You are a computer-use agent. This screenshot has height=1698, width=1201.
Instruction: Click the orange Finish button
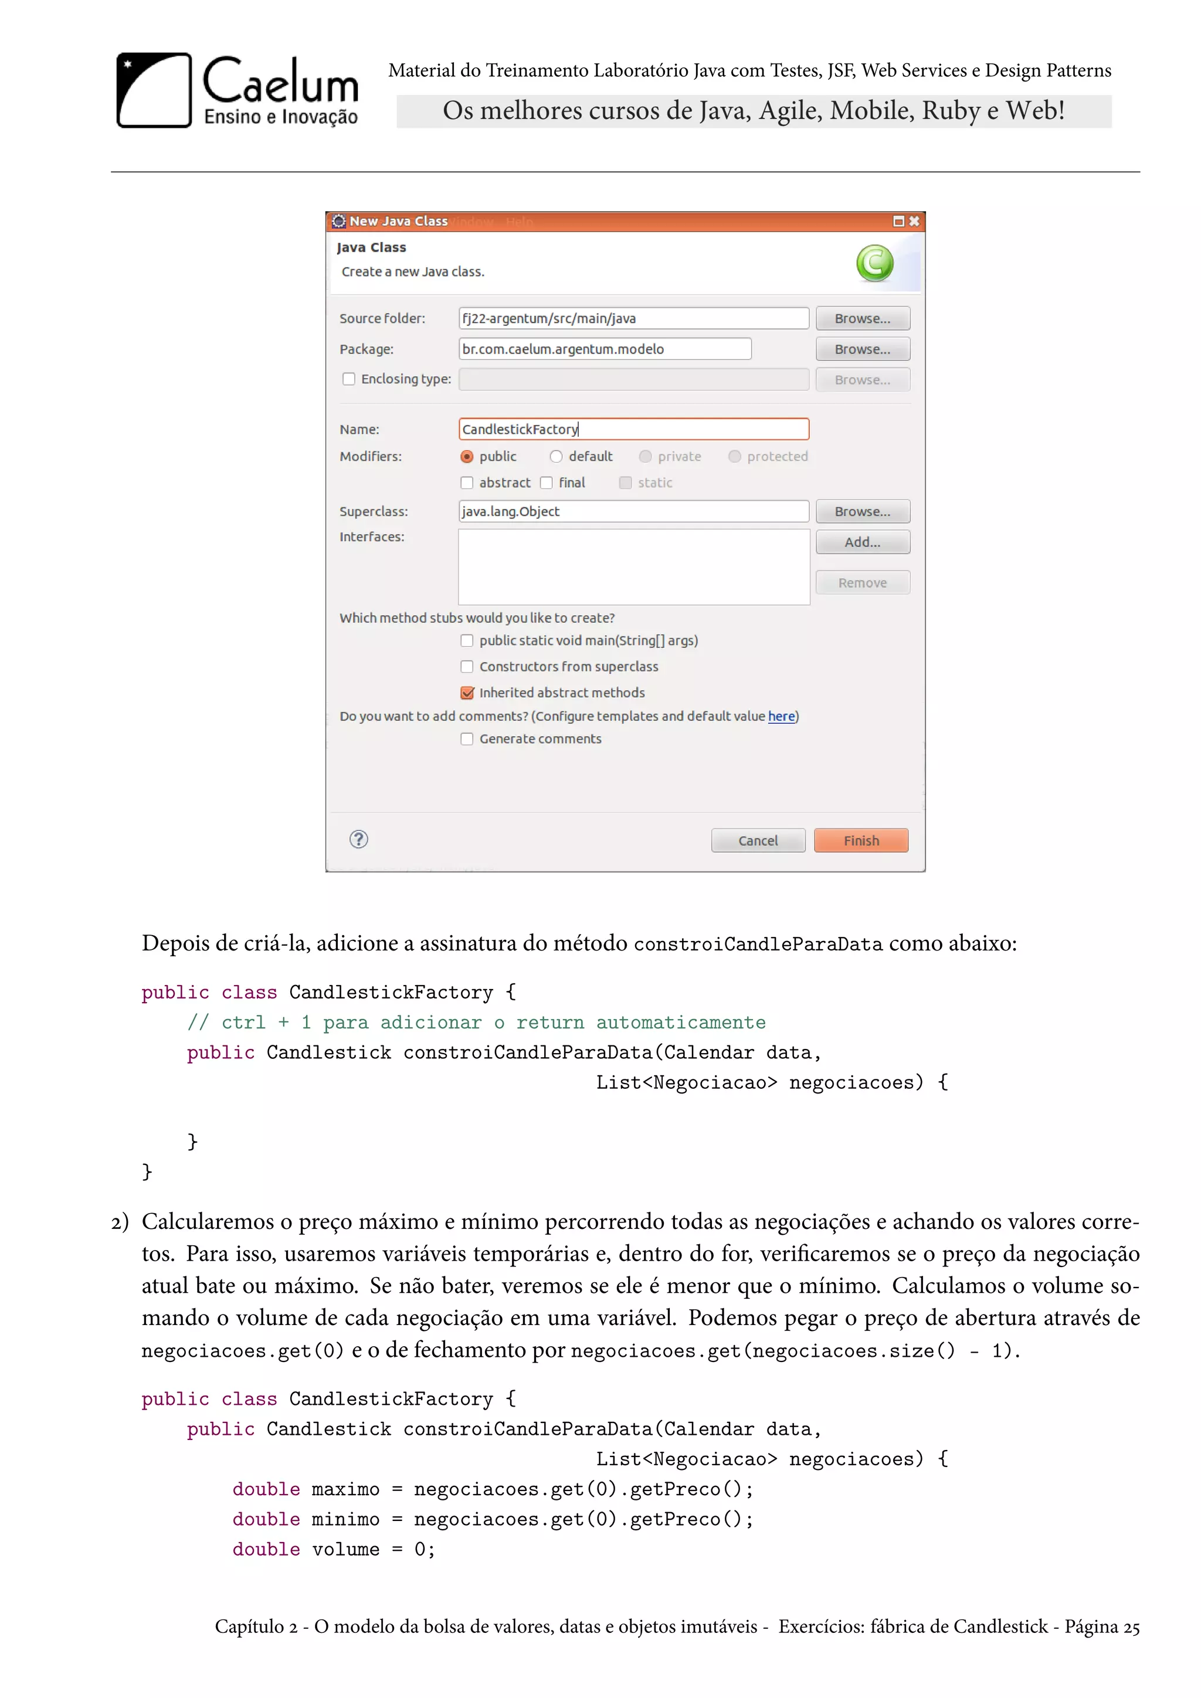(x=861, y=840)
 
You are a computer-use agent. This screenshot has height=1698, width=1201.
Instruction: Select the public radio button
(x=467, y=456)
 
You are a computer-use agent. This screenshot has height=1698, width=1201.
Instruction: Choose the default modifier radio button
(x=556, y=456)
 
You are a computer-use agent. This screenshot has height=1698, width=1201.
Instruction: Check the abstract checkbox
(x=467, y=483)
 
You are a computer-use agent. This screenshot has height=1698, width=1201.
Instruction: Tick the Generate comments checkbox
(x=467, y=739)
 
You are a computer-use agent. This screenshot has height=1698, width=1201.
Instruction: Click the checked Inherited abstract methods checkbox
(x=467, y=693)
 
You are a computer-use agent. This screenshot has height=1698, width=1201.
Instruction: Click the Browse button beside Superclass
(x=862, y=512)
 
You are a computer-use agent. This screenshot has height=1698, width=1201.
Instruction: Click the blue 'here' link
(x=781, y=716)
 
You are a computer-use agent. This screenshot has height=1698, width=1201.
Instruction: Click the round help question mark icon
(x=359, y=840)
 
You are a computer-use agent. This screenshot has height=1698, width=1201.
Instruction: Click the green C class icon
(x=875, y=263)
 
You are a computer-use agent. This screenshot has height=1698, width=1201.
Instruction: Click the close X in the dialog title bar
(x=915, y=221)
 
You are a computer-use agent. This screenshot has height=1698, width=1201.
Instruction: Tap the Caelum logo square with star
(x=154, y=90)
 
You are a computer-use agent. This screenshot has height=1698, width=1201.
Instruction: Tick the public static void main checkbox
(x=467, y=640)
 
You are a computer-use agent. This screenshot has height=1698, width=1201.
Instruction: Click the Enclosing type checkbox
(x=349, y=379)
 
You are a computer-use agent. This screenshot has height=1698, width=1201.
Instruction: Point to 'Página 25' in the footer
(x=1102, y=1627)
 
